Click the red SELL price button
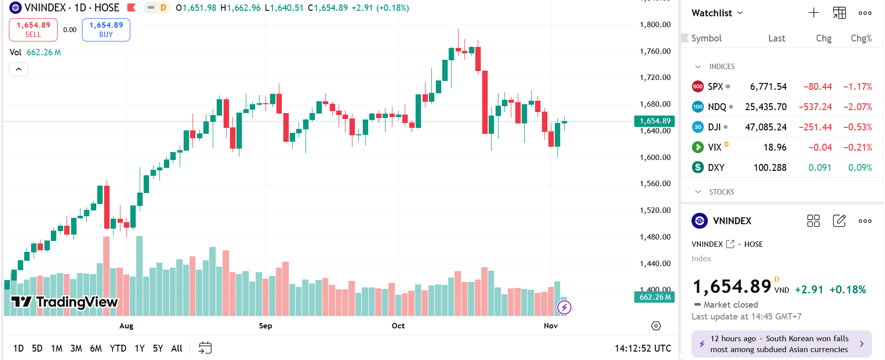33,30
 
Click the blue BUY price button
106,30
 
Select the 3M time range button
76,348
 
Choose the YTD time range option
118,348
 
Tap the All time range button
177,348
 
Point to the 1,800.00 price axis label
655,25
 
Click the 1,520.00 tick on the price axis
655,210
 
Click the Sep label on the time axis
266,326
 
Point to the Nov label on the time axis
551,326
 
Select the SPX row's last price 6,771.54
768,87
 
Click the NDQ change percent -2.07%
857,107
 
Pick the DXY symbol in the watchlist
716,168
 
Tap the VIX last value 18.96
775,148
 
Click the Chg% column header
861,39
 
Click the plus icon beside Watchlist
814,13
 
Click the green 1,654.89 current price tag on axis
654,121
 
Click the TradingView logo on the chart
64,302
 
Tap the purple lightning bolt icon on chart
564,308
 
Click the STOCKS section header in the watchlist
721,192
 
